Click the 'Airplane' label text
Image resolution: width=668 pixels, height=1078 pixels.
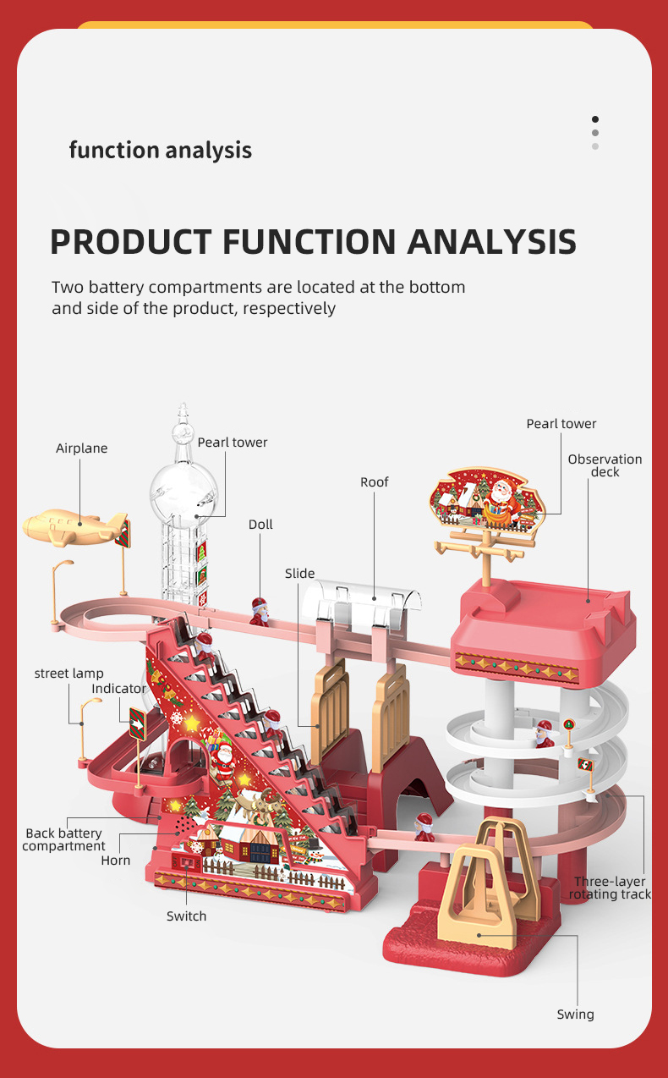tap(82, 448)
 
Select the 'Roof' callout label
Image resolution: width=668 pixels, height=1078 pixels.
tap(375, 482)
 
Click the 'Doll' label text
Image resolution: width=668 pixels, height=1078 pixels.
tap(260, 525)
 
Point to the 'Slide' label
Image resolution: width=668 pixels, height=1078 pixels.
tap(299, 574)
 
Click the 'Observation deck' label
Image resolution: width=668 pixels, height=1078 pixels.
tap(605, 465)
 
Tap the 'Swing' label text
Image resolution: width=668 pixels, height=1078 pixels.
tap(575, 1015)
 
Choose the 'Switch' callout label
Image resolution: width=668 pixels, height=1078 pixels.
tap(186, 916)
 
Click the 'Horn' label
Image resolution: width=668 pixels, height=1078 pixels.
tap(116, 861)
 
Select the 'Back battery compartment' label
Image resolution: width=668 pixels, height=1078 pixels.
tap(64, 840)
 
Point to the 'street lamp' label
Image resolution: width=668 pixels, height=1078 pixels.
tap(69, 674)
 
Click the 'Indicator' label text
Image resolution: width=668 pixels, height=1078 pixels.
tap(118, 689)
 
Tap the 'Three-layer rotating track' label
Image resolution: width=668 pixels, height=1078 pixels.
tap(610, 888)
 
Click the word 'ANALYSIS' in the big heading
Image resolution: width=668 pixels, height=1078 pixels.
tap(492, 241)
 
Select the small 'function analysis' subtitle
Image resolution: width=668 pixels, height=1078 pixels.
tap(161, 151)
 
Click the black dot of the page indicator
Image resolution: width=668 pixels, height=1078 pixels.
tap(595, 119)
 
